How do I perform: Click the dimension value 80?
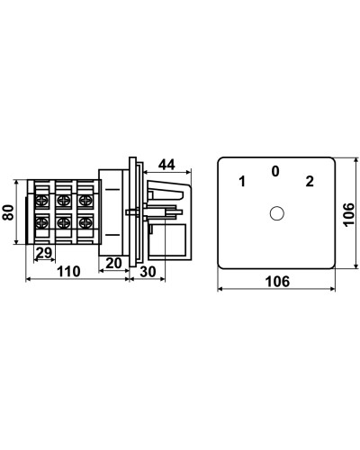[x=8, y=212]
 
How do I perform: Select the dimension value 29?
[x=44, y=253]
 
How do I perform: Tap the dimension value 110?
[x=68, y=272]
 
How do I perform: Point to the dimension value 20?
[x=113, y=263]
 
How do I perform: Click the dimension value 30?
[x=148, y=272]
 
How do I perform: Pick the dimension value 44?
[x=166, y=165]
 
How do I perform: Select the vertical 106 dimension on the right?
[x=349, y=214]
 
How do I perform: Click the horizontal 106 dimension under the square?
[x=277, y=282]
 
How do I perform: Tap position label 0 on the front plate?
[x=275, y=171]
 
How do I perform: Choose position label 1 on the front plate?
[x=242, y=182]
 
